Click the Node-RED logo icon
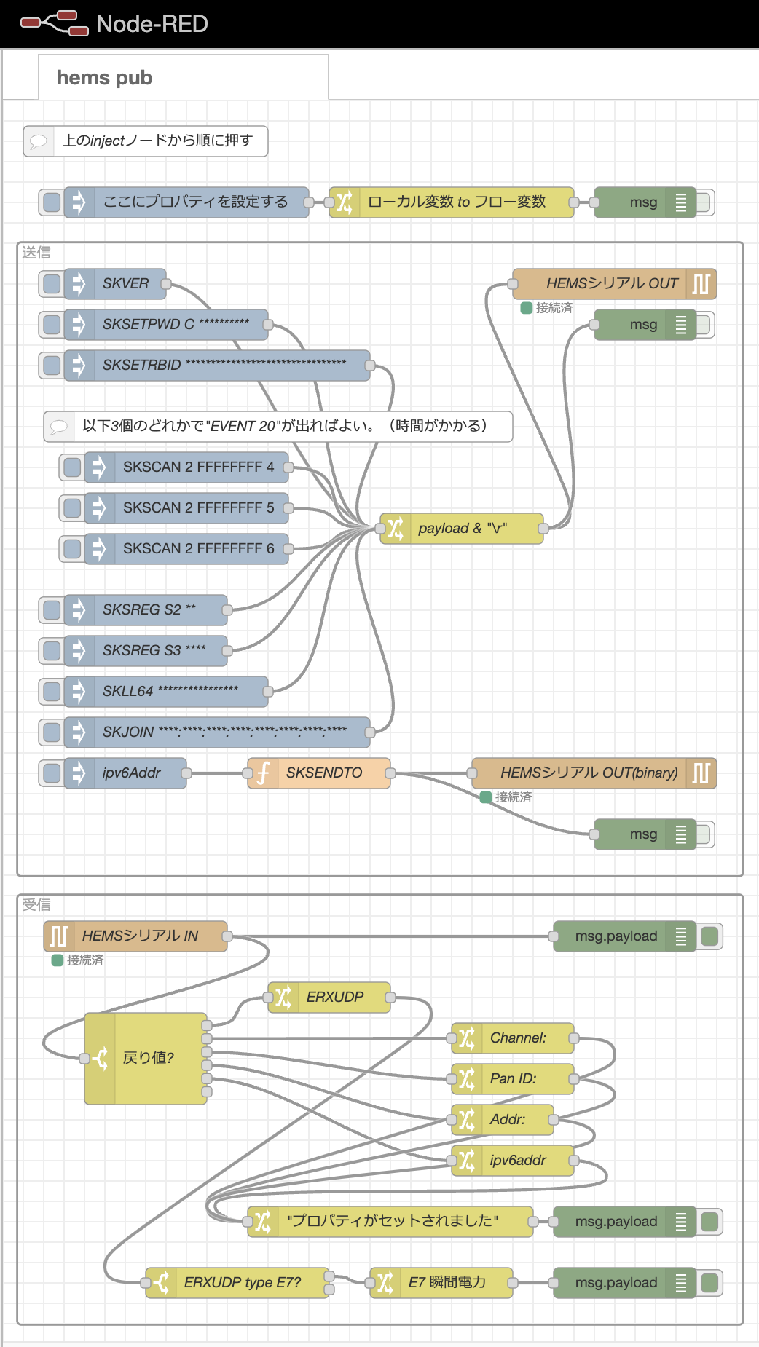point(54,23)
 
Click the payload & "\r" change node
point(462,529)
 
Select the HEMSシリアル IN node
point(139,936)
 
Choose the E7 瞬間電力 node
point(446,1282)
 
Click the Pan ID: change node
point(513,1078)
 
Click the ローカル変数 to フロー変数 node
point(456,202)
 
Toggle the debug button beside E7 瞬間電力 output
point(709,1283)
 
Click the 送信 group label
point(36,253)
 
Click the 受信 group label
point(36,905)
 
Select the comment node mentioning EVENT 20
point(284,426)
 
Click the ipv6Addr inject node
point(131,773)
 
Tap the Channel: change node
point(517,1038)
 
